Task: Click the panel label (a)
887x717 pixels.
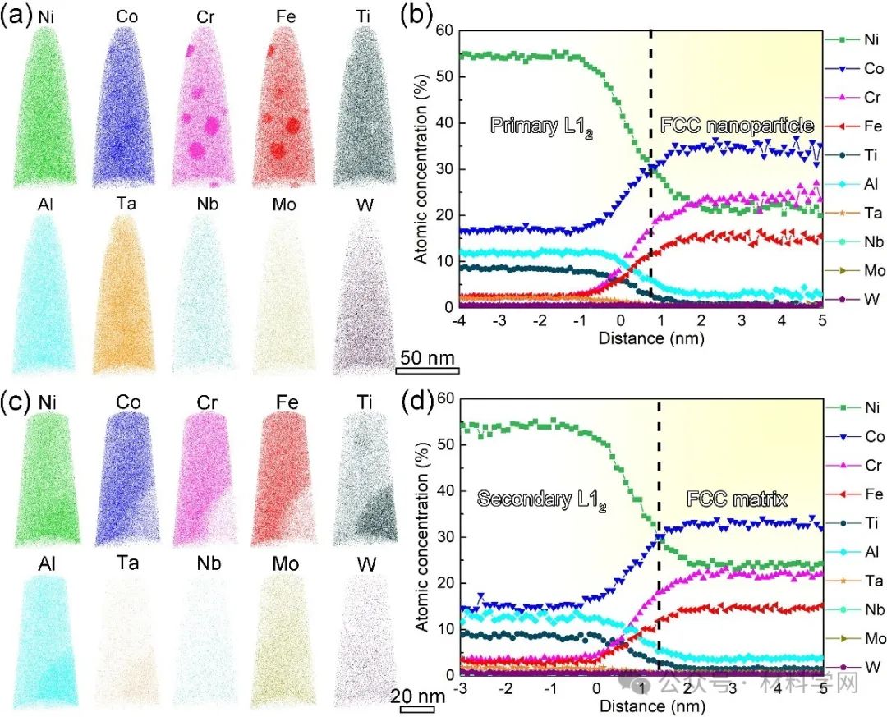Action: coord(16,15)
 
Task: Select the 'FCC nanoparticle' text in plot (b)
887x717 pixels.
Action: coord(737,126)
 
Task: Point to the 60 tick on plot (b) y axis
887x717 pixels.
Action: coord(444,30)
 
